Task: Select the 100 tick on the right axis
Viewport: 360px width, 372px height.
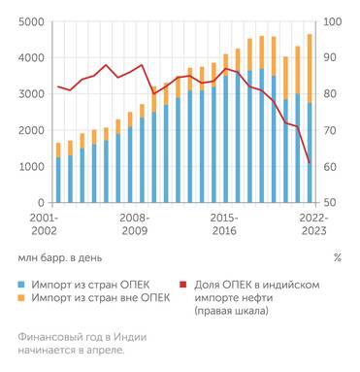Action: pos(331,22)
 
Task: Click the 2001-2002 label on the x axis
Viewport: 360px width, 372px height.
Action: pos(45,224)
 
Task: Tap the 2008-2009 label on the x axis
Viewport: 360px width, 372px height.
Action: pos(134,224)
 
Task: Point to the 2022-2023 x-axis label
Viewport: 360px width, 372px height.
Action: pos(312,224)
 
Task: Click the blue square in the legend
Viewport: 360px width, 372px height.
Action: pos(21,284)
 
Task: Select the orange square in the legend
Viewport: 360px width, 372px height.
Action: pos(21,297)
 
